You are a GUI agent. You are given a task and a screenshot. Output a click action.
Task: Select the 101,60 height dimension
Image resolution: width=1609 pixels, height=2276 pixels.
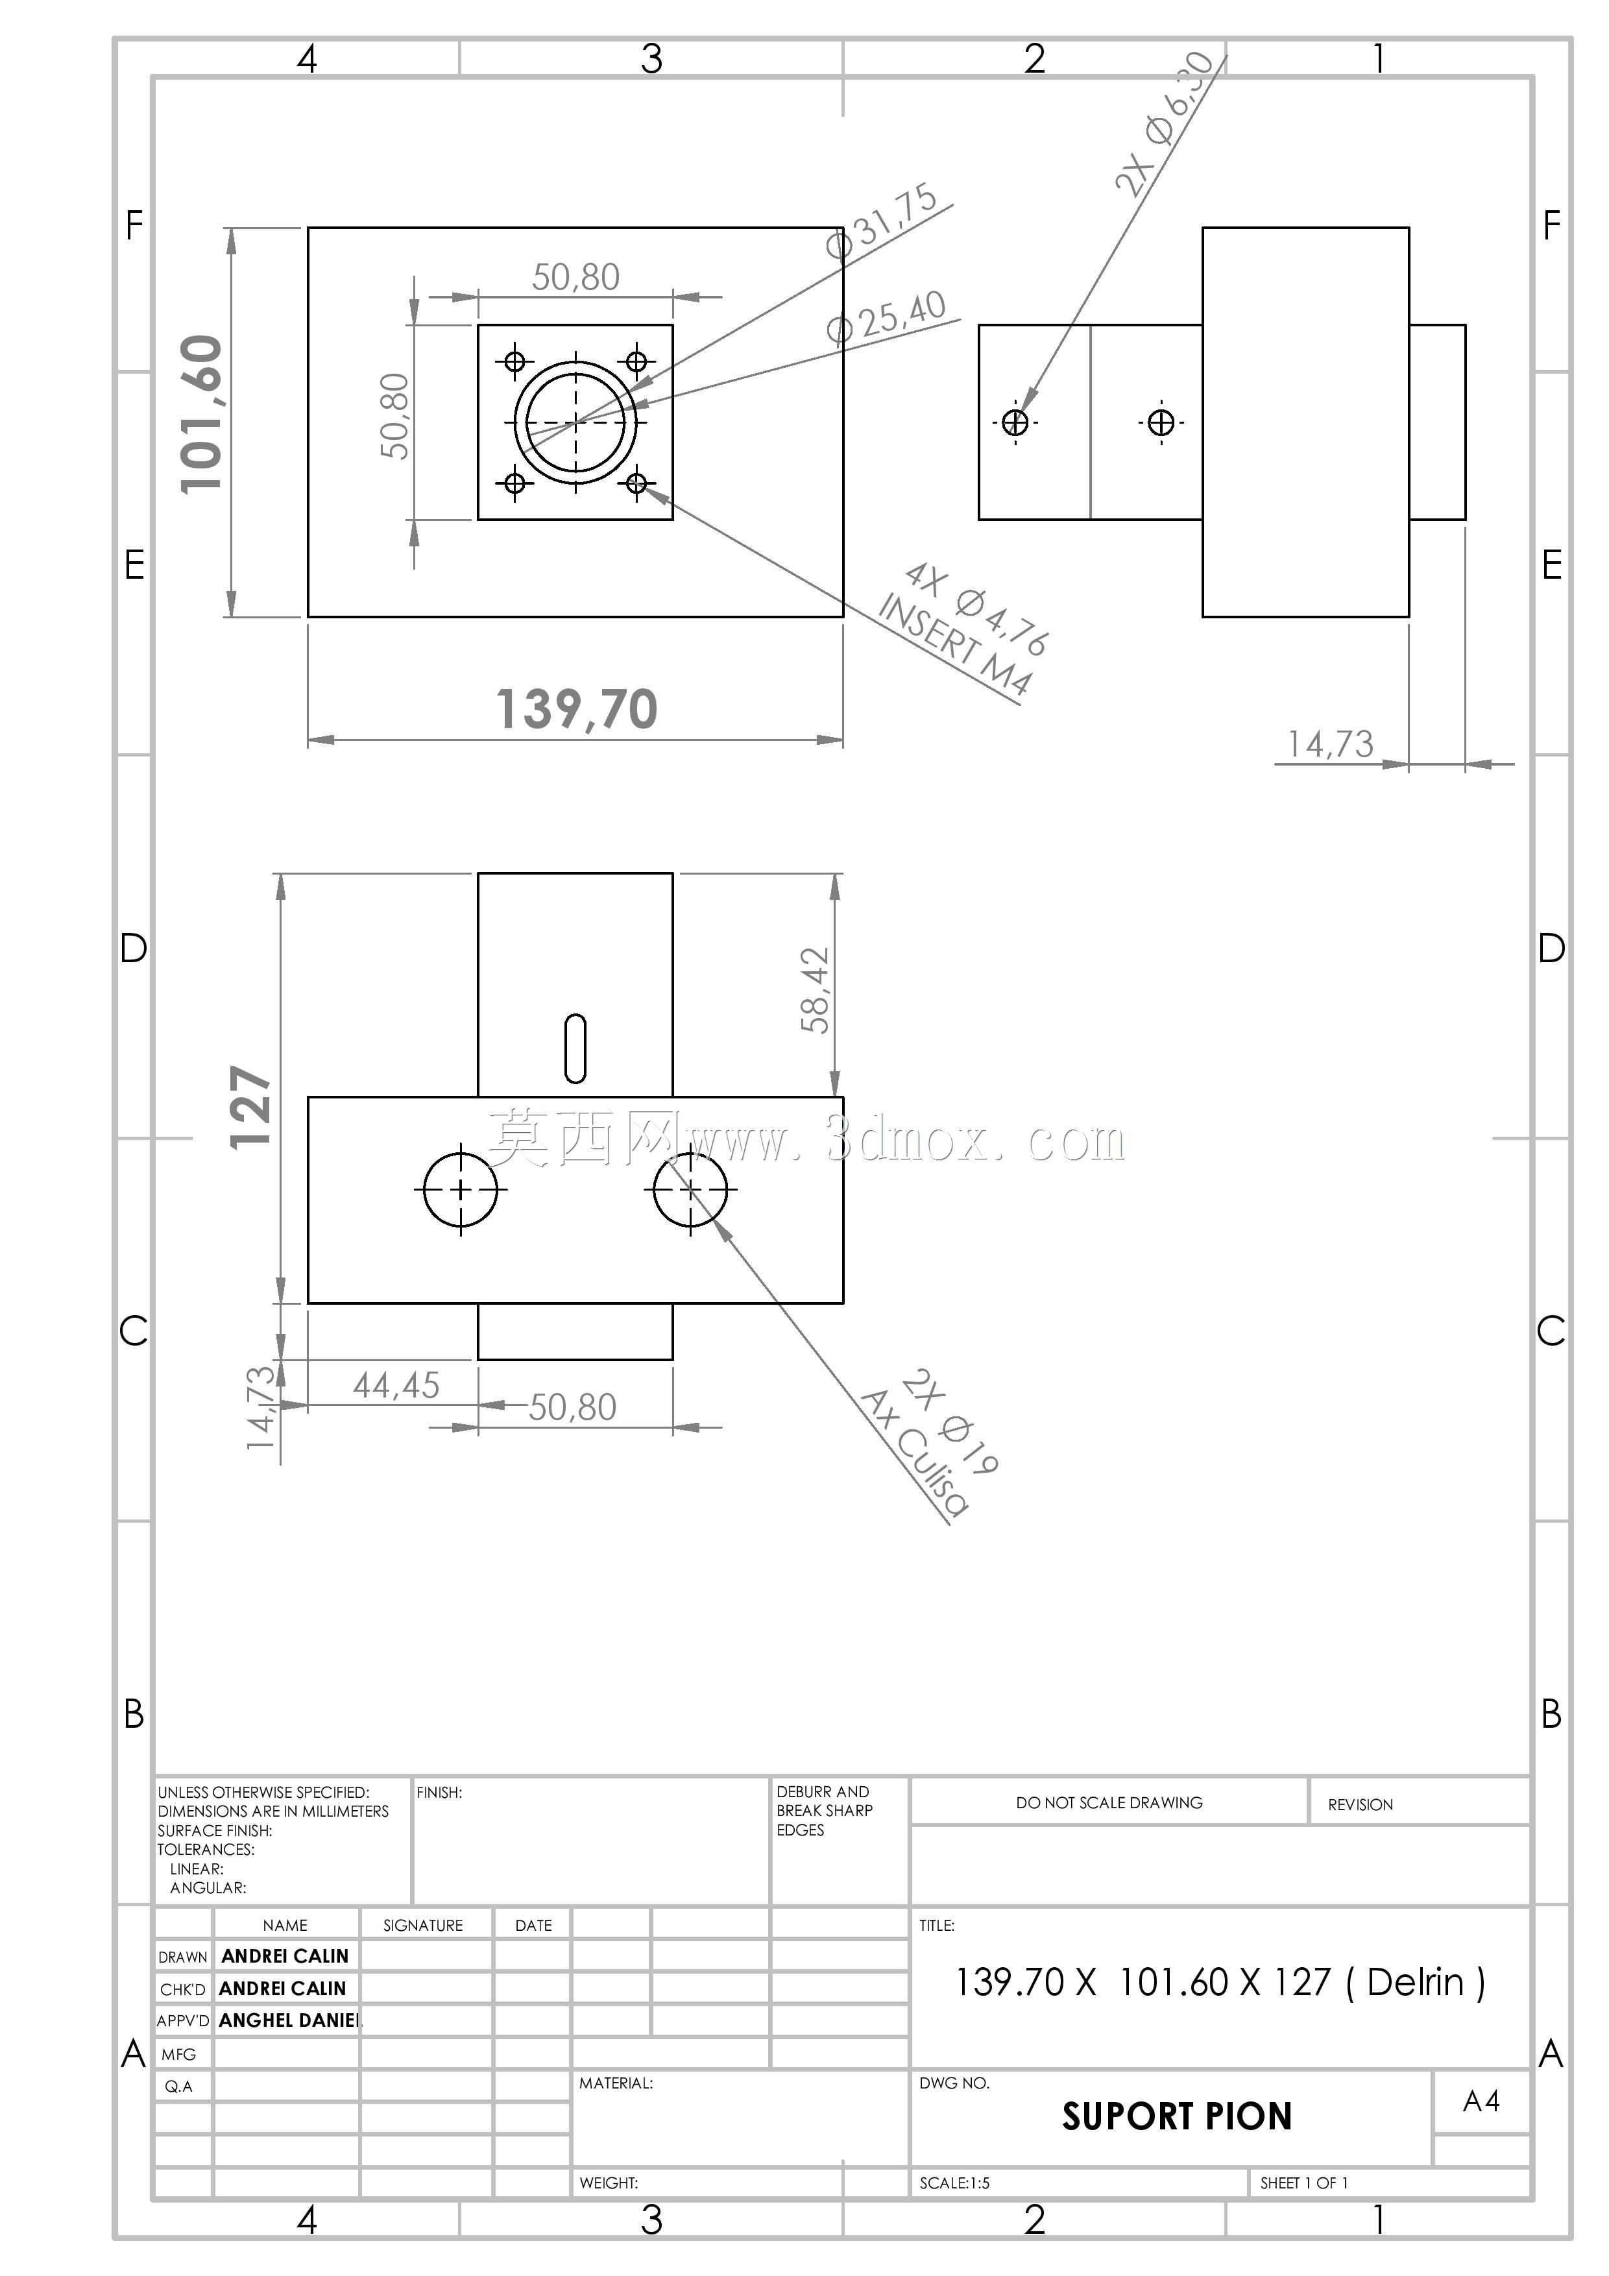[x=201, y=415]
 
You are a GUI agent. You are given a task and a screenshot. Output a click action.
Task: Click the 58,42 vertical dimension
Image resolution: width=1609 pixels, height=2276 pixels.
[x=815, y=990]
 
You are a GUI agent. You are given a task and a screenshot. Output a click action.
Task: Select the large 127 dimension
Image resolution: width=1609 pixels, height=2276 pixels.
[x=251, y=1108]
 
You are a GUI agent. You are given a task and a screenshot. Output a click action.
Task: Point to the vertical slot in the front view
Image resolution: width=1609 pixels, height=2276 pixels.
[x=575, y=1048]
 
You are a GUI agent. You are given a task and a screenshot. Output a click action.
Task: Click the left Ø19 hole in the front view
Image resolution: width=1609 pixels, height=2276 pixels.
[x=460, y=1189]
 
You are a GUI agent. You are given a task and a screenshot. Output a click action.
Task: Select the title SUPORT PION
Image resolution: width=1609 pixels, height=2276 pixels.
[x=1177, y=2116]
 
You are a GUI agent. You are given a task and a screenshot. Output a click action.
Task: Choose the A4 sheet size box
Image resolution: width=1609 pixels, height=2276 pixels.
[x=1481, y=2101]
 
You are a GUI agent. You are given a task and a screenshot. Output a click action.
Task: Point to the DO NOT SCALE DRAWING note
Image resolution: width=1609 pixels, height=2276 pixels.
[x=1109, y=1802]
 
